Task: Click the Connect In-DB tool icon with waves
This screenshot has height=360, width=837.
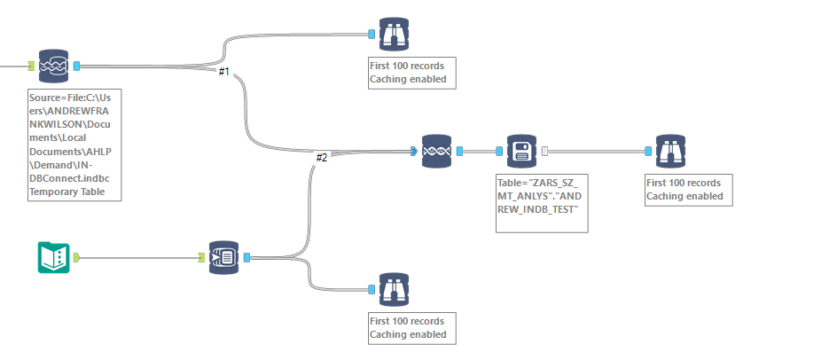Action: point(55,65)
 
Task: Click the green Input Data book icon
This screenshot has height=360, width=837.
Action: point(55,257)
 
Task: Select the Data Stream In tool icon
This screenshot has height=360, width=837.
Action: point(223,257)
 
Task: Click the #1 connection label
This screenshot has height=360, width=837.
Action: point(224,72)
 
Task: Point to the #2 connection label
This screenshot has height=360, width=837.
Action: point(322,158)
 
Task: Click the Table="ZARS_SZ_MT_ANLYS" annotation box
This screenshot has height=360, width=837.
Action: point(542,203)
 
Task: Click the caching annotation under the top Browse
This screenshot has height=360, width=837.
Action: point(412,73)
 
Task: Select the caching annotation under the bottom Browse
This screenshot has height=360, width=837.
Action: point(412,327)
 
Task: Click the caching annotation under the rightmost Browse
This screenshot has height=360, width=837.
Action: point(689,189)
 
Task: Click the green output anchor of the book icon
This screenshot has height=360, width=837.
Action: point(76,258)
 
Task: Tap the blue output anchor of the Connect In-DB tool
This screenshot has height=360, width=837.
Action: point(77,66)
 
